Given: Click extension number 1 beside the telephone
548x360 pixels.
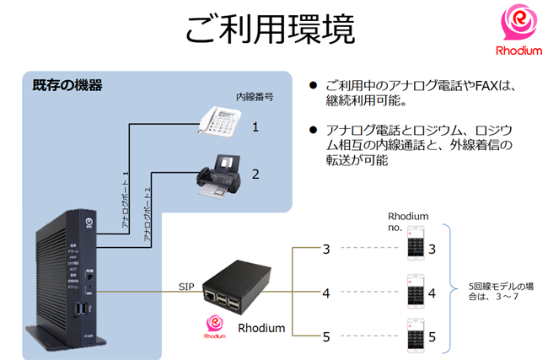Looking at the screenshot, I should tap(255, 126).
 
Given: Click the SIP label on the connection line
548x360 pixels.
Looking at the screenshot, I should tap(186, 286).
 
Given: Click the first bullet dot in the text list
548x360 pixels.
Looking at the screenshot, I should tap(313, 86).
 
